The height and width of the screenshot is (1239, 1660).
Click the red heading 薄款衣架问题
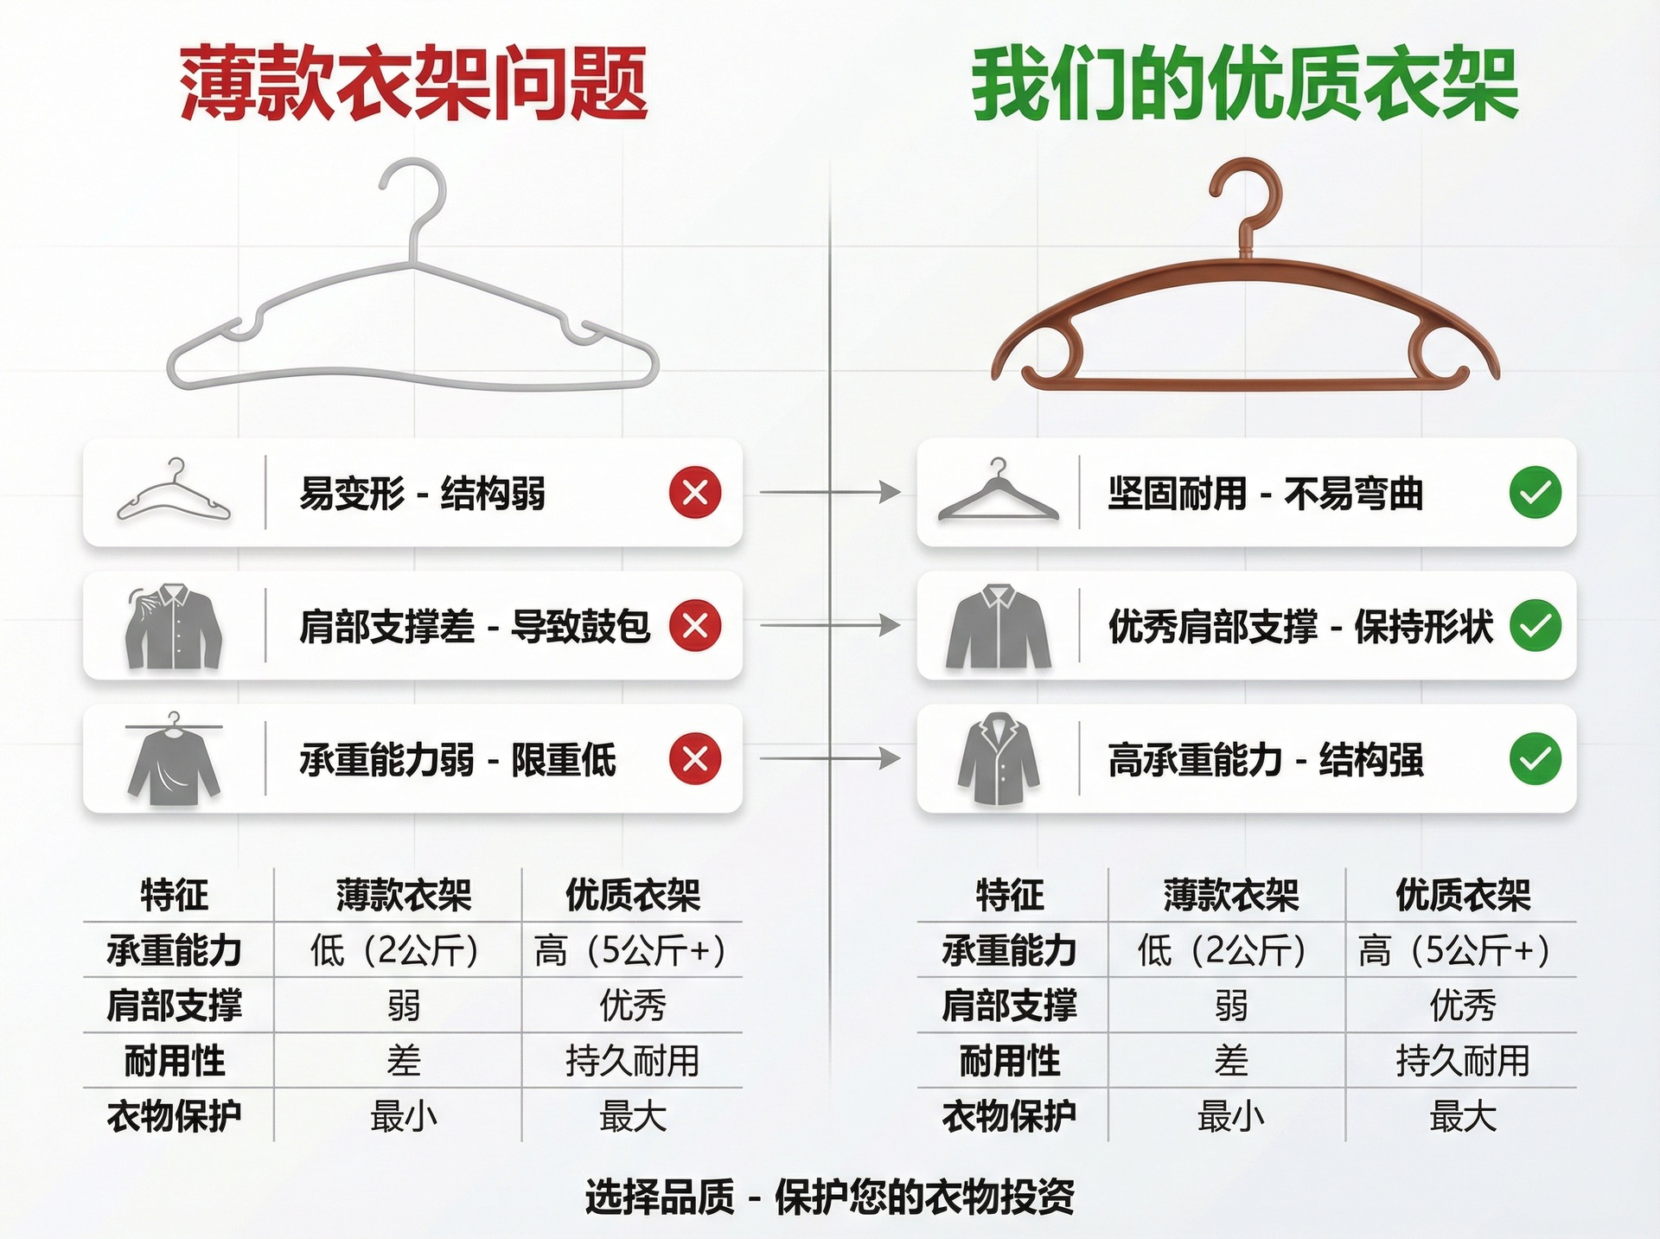click(x=413, y=84)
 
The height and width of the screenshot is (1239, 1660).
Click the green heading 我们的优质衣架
click(x=1245, y=84)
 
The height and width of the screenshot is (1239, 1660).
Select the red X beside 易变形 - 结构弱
click(x=695, y=493)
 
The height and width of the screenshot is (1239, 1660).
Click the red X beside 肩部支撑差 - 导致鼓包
click(x=695, y=625)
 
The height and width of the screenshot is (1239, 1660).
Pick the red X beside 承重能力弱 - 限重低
click(x=695, y=759)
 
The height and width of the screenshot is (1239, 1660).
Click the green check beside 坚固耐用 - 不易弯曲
click(x=1535, y=493)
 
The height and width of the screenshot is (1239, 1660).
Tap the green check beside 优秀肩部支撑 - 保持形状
click(x=1535, y=625)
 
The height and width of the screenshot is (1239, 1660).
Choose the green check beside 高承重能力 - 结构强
click(x=1535, y=759)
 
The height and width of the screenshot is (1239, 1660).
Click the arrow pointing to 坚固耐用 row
click(x=829, y=493)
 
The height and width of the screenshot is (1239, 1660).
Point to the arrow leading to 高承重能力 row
click(x=829, y=759)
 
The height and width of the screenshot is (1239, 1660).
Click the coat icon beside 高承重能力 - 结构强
click(x=999, y=759)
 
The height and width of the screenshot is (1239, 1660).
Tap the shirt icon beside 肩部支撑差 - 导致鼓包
click(x=174, y=625)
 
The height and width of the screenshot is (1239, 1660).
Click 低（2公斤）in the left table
click(x=396, y=950)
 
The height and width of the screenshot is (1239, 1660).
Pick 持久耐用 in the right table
click(x=1463, y=1061)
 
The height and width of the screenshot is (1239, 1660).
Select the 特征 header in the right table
click(x=1010, y=895)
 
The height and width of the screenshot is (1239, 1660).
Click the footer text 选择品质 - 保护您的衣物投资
click(x=829, y=1197)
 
